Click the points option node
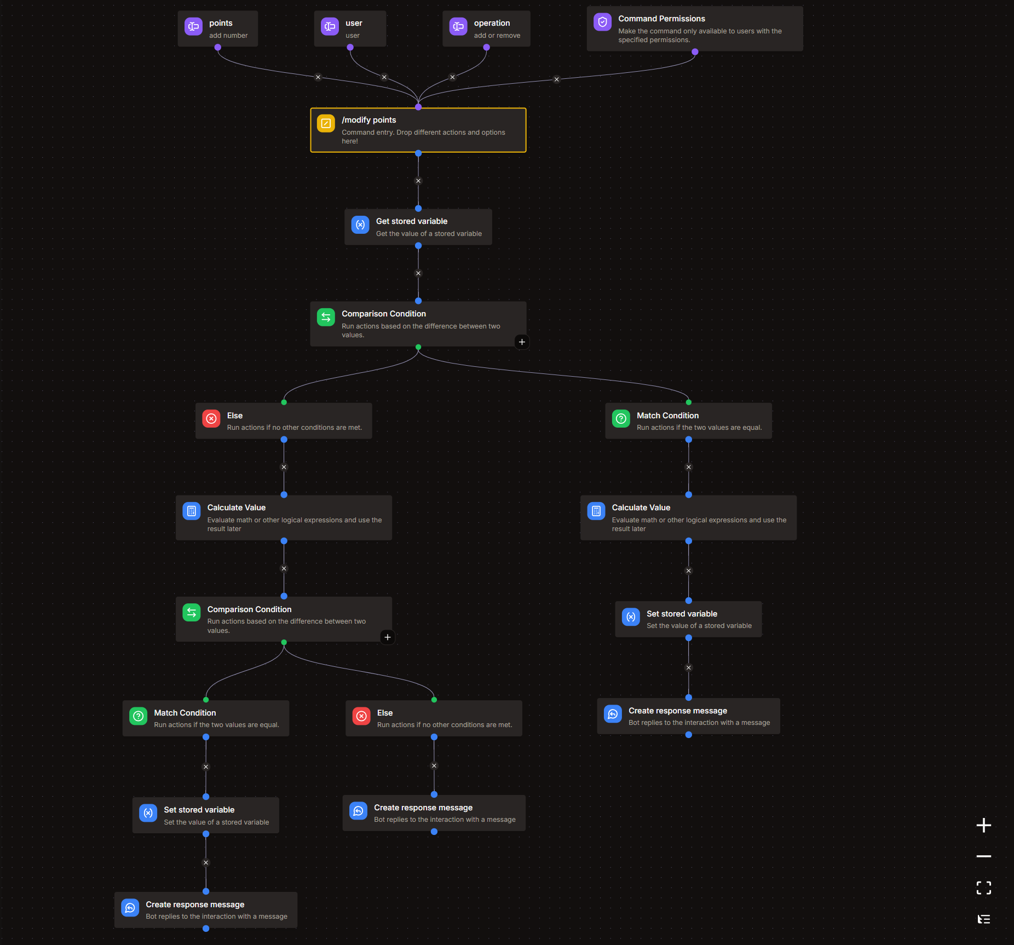218,28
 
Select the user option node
350,28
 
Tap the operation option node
486,28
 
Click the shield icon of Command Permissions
602,22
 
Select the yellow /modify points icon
326,124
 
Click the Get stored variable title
411,221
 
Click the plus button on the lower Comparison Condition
388,637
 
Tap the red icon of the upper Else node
211,419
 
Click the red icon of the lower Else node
361,716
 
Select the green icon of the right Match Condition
621,419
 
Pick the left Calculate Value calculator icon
192,511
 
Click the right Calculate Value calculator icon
596,511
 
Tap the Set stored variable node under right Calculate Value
688,619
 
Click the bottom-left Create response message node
206,910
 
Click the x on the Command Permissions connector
557,79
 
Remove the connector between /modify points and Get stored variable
418,181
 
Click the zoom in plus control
984,825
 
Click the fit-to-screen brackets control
984,888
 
